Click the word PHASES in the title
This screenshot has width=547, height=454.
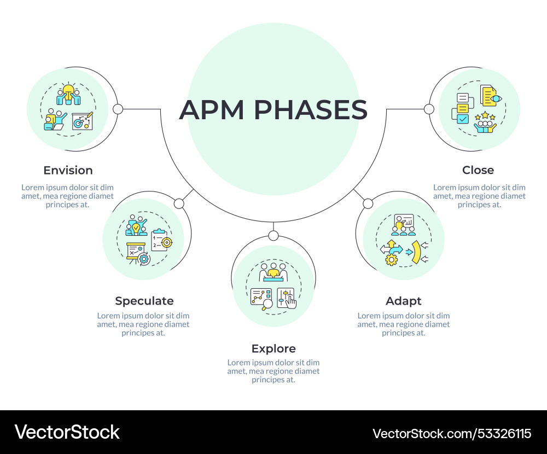coord(310,110)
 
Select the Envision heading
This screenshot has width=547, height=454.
coord(68,170)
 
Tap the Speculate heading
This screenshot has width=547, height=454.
coord(144,301)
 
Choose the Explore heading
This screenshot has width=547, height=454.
coord(273,348)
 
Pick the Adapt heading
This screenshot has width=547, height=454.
coord(404,301)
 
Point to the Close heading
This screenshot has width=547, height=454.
coord(478,170)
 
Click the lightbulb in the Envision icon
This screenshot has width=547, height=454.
coord(68,90)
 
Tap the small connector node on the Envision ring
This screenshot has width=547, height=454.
coord(118,109)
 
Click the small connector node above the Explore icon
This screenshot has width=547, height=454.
coord(273,236)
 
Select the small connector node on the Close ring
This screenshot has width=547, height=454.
coord(429,109)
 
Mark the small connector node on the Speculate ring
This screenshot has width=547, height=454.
coord(179,203)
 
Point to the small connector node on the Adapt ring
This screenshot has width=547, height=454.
coord(368,203)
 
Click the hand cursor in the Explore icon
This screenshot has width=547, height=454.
coord(290,301)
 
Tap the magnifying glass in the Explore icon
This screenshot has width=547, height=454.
coord(266,305)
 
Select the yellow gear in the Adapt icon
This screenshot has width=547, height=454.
coord(391,260)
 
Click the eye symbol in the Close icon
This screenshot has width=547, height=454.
coord(495,99)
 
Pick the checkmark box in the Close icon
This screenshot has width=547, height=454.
coord(463,119)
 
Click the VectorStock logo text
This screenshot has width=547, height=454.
coord(67,432)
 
